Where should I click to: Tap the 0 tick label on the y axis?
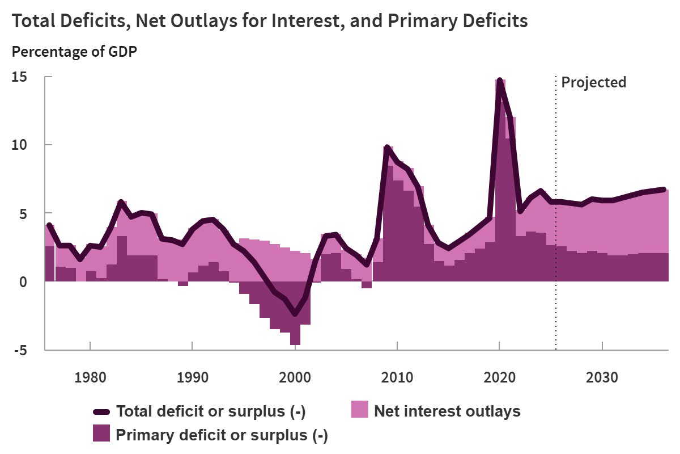pos(23,282)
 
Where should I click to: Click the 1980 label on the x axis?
pos(91,377)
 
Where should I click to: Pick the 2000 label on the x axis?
pos(295,377)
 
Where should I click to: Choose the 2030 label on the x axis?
pos(602,377)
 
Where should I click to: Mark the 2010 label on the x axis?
pos(397,377)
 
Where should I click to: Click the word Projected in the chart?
pos(593,82)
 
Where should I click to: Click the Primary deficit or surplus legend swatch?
pos(101,434)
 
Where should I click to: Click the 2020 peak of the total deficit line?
pos(499,81)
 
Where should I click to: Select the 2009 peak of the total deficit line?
pos(387,148)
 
